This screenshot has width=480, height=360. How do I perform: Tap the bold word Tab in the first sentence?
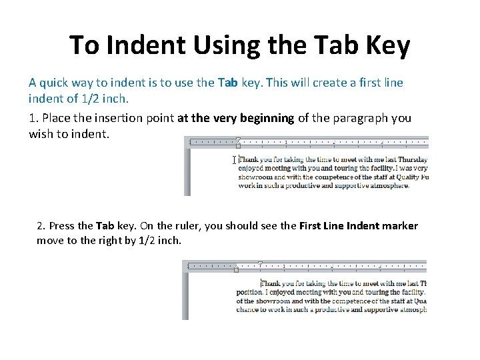click(227, 83)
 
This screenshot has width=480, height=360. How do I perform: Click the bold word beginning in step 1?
click(268, 118)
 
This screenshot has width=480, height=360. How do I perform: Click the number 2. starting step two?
click(41, 226)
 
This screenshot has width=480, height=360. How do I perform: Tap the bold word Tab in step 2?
click(105, 226)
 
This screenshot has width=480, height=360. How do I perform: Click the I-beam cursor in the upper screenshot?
click(234, 160)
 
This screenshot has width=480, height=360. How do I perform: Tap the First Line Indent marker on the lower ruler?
click(260, 264)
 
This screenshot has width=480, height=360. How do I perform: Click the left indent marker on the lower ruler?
click(237, 269)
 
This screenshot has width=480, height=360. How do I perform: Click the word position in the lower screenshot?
click(249, 292)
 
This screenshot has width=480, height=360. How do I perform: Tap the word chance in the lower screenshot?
click(249, 309)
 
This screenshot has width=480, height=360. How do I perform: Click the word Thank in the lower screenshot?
click(272, 283)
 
